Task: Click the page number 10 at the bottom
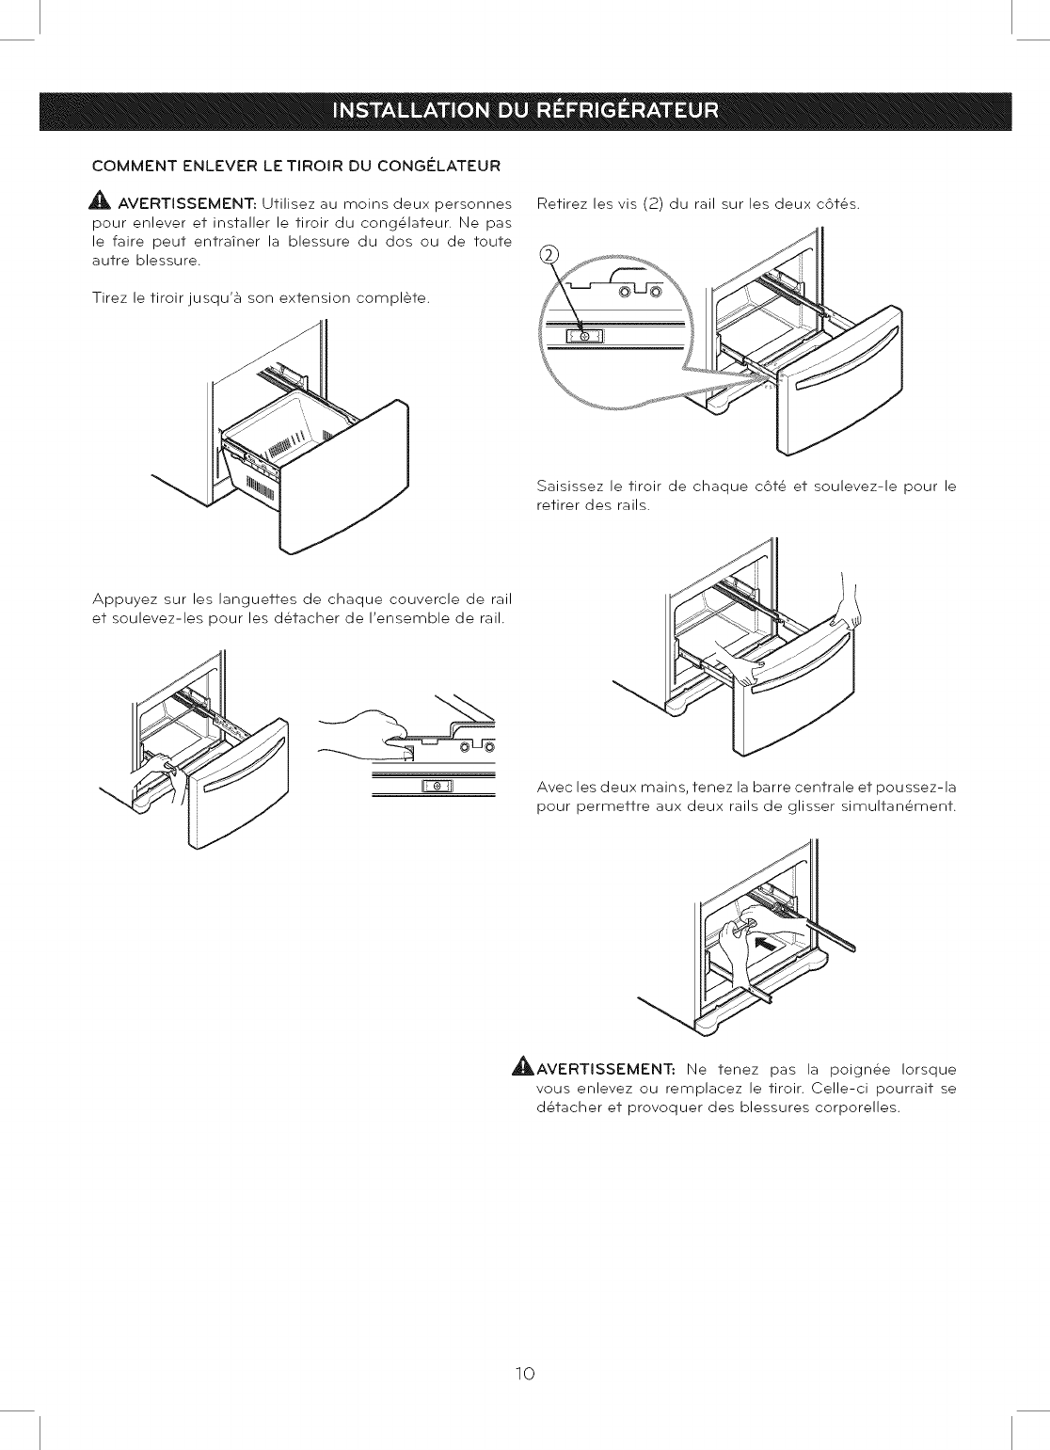525,1374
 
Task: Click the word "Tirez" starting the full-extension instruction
110,298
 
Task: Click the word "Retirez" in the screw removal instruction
562,204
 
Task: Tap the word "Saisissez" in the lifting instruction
569,486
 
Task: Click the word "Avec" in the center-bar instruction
552,788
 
